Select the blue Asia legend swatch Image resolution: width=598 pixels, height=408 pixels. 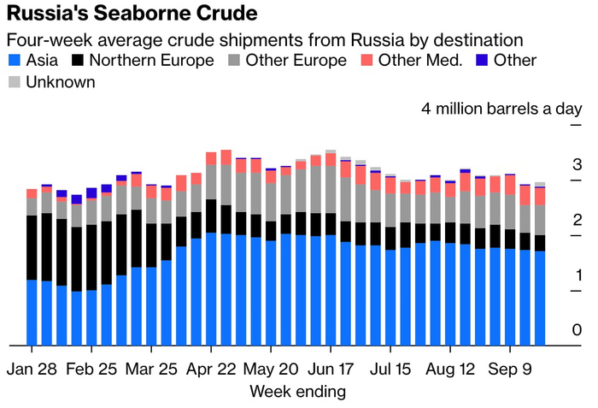pyautogui.click(x=14, y=61)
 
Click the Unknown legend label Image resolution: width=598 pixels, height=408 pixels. pyautogui.click(x=61, y=82)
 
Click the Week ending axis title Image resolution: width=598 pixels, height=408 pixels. pyautogui.click(x=297, y=392)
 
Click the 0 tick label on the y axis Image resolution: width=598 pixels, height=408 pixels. pyautogui.click(x=577, y=330)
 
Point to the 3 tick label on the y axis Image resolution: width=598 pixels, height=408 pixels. pyautogui.click(x=577, y=164)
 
